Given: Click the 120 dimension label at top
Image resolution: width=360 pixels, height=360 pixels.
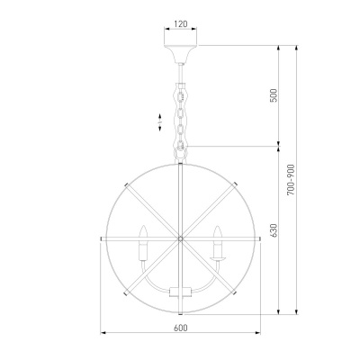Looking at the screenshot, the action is click(x=180, y=23).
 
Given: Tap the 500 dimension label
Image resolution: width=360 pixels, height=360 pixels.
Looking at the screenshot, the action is click(x=274, y=95).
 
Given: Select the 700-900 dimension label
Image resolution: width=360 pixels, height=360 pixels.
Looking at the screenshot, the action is click(x=291, y=180).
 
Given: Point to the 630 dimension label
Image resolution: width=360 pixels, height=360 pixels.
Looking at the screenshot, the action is click(x=274, y=230).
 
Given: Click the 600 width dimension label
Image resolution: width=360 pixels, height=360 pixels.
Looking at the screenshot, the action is click(x=180, y=328).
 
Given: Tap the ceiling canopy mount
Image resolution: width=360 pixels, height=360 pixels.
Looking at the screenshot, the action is click(x=180, y=54).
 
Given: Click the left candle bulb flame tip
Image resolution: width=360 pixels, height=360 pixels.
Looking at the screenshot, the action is click(x=144, y=226).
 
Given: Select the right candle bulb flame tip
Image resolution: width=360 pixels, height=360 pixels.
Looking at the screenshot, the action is click(x=218, y=227).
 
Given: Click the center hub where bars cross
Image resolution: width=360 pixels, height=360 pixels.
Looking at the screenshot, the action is click(x=180, y=238).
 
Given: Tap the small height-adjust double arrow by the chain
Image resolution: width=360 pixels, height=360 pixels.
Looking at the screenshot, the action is click(x=160, y=122).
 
